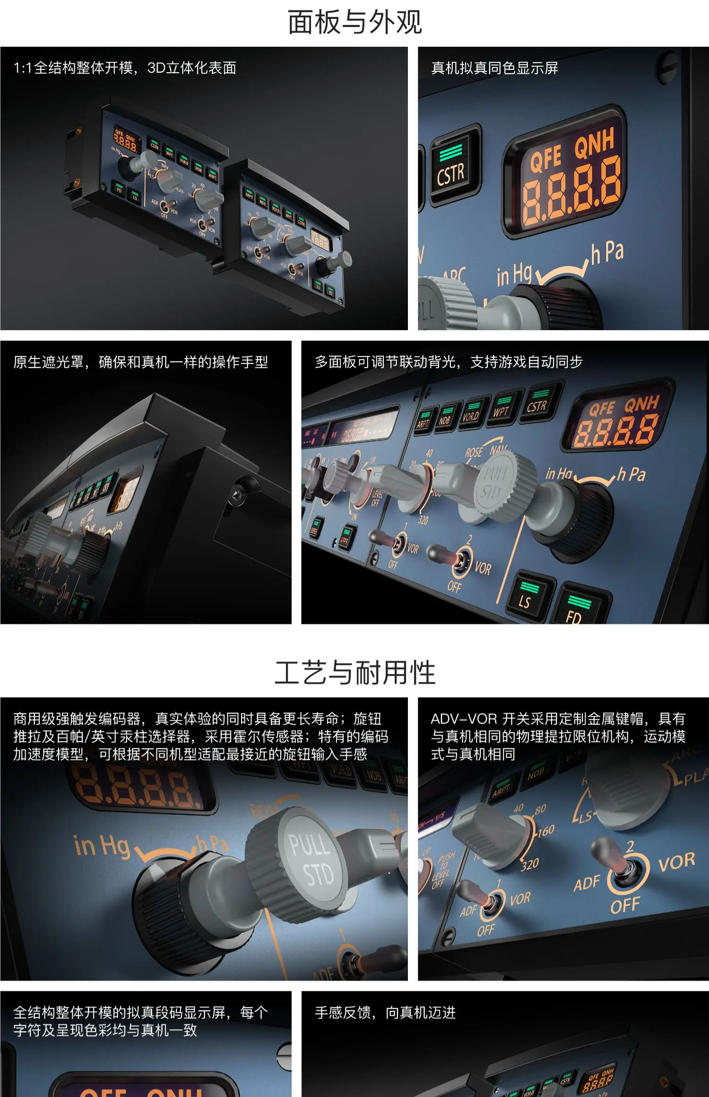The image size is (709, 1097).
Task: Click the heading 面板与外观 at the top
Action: [x=354, y=22]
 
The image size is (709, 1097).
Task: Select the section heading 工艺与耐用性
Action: [x=354, y=673]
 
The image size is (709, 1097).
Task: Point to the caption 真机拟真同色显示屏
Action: [x=494, y=68]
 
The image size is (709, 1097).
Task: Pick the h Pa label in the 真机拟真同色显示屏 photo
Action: [x=608, y=253]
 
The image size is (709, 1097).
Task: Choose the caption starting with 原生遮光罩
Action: [x=140, y=362]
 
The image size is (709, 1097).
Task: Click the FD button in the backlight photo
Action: [x=577, y=609]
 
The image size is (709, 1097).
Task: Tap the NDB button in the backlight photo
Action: [x=445, y=416]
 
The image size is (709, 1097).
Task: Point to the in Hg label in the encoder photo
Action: [x=102, y=845]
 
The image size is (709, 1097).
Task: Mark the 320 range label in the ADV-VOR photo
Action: [x=529, y=864]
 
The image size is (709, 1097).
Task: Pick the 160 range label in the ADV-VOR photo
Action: [x=545, y=831]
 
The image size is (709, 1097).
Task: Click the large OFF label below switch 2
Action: [x=625, y=905]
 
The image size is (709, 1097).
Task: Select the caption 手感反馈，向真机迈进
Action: [x=385, y=1012]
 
